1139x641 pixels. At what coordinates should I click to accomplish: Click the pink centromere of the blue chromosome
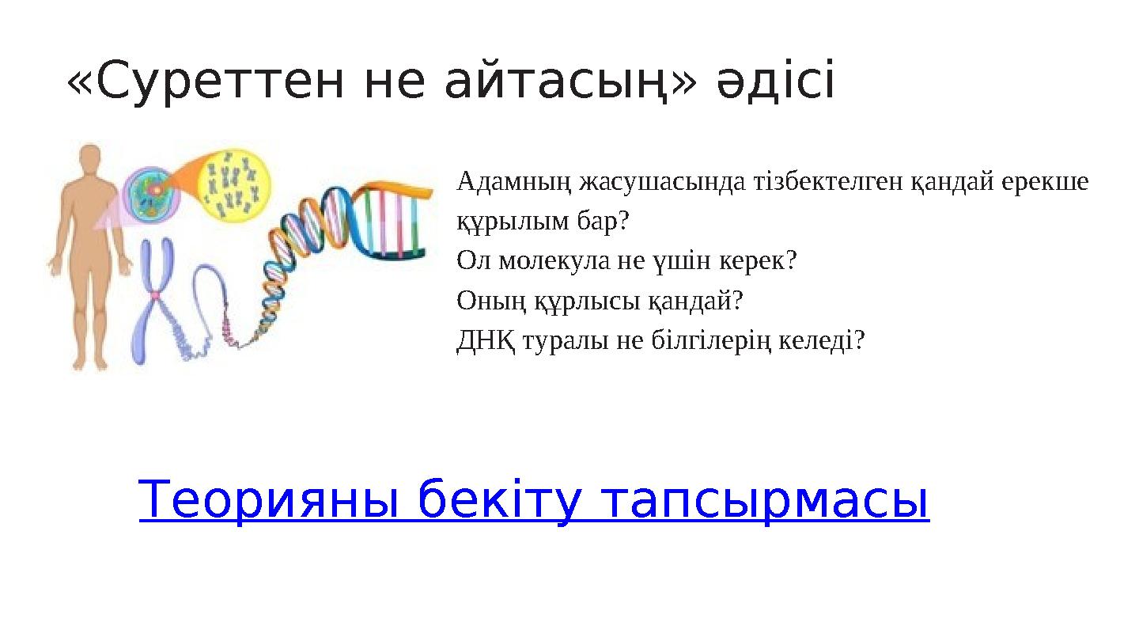tap(157, 295)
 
